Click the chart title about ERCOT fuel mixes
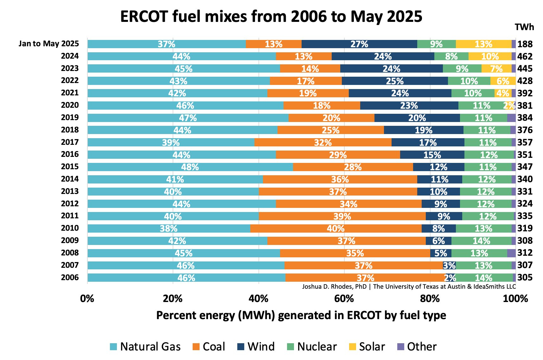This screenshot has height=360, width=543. [271, 16]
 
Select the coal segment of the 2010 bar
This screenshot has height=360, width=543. [336, 228]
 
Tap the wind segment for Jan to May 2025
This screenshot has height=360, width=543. [359, 44]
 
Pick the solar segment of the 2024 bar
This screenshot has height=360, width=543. [490, 56]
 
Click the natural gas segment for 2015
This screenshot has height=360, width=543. [190, 167]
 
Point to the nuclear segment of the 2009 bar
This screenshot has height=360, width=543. [481, 241]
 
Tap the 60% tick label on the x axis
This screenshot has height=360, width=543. [344, 299]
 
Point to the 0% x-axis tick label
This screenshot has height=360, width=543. [87, 299]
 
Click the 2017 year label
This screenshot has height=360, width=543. [70, 142]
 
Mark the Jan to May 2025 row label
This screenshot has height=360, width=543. [48, 43]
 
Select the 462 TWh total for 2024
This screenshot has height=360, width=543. [525, 56]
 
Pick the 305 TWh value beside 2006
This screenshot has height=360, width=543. [525, 278]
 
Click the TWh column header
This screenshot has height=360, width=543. [524, 27]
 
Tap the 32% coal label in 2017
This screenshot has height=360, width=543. [323, 143]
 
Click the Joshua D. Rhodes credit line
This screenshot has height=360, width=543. [409, 287]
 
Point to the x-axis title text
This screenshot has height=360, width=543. [301, 315]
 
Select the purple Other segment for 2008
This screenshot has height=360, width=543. [511, 253]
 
